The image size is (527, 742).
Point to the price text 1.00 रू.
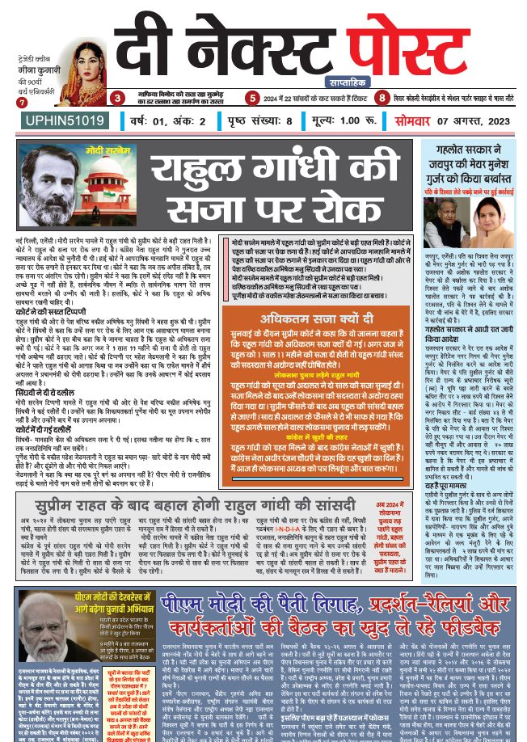[x=328, y=121]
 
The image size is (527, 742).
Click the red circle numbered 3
[x=118, y=99]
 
